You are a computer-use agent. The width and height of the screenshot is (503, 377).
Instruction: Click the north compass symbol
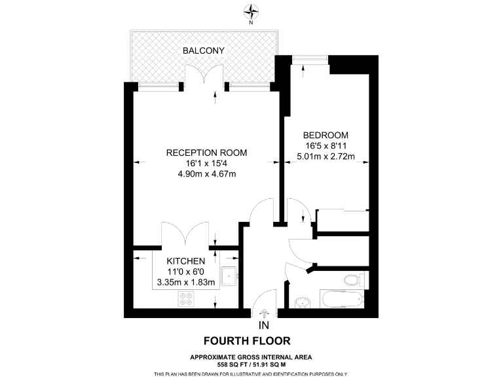251,10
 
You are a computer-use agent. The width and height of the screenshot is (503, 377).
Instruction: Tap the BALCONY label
204,50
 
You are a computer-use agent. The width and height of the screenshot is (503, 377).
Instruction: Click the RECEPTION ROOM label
206,153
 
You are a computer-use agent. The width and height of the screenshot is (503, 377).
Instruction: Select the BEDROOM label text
326,135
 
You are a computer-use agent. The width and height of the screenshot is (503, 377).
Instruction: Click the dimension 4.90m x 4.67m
206,173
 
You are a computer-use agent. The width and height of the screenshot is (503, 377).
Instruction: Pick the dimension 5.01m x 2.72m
326,156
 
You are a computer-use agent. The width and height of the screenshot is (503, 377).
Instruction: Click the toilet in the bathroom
352,281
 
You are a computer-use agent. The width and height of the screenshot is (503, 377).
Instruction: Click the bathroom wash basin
303,303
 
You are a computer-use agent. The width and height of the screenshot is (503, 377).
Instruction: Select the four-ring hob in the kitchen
186,299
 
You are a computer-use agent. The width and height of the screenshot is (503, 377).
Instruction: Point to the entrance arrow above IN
264,314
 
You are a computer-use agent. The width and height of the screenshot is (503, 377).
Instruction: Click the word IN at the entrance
264,325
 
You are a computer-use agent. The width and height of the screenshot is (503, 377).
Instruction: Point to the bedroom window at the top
308,60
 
